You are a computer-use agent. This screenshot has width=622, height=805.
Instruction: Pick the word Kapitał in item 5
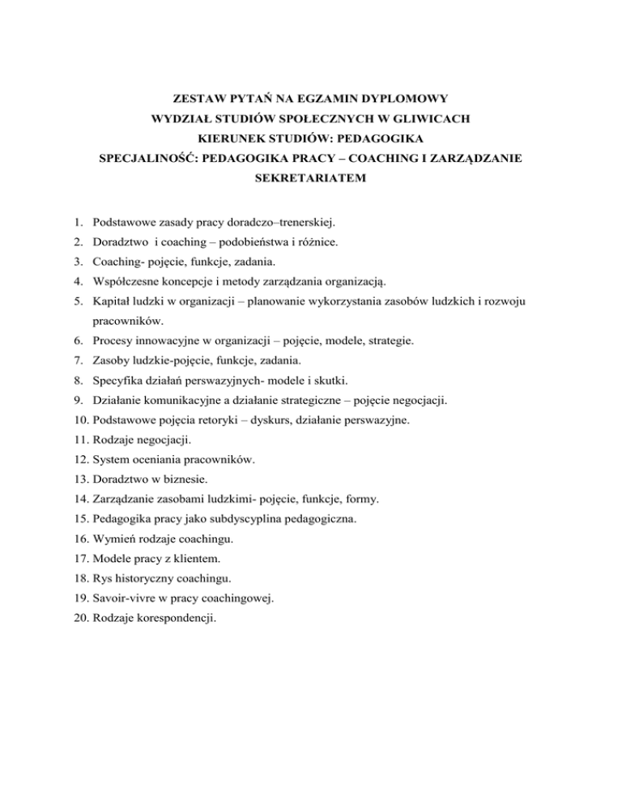pos(113,301)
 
